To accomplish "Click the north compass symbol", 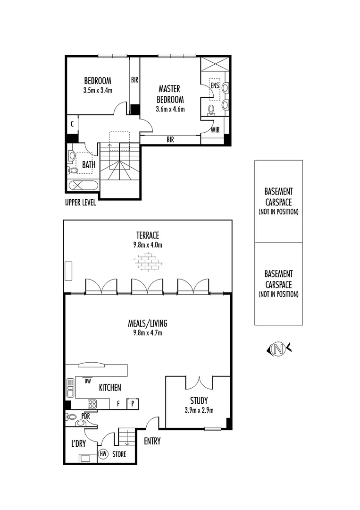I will pos(279,349).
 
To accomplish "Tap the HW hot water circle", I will pos(103,454).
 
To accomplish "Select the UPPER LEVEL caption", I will pos(81,203).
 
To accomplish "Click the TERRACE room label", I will pos(148,235).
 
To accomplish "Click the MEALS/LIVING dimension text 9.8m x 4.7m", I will pos(148,333).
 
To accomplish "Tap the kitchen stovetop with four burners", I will pos(92,404).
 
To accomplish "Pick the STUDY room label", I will pos(199,400).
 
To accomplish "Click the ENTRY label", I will pos(152,442).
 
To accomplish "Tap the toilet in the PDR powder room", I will pos(72,417).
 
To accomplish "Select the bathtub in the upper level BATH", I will pos(83,185).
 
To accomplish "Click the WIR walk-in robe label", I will pos(215,129).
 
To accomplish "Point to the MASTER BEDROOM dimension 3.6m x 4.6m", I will pos(170,109).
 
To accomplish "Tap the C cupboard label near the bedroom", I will pos(72,124).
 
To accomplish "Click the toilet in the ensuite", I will pos(211,110).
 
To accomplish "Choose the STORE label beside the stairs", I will pos(119,455).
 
